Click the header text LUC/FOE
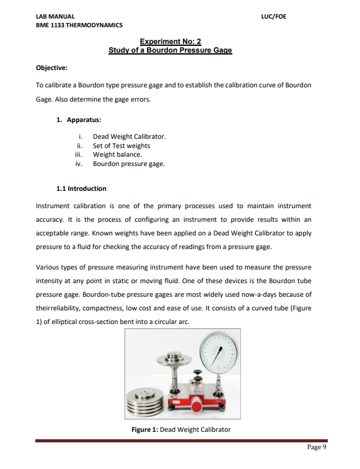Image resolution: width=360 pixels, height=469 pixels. tap(274, 16)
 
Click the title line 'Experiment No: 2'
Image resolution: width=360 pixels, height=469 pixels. tap(170, 42)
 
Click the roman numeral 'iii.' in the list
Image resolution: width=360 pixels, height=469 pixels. tap(78, 154)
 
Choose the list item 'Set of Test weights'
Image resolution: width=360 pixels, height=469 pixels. tap(121, 146)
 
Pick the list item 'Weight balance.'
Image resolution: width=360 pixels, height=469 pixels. tap(117, 154)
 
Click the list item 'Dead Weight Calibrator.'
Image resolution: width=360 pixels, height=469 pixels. tap(129, 136)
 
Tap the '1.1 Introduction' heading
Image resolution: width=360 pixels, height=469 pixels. tap(81, 188)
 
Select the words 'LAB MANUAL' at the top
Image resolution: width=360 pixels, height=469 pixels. tap(55, 16)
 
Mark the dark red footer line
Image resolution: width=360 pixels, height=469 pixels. tap(180, 441)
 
